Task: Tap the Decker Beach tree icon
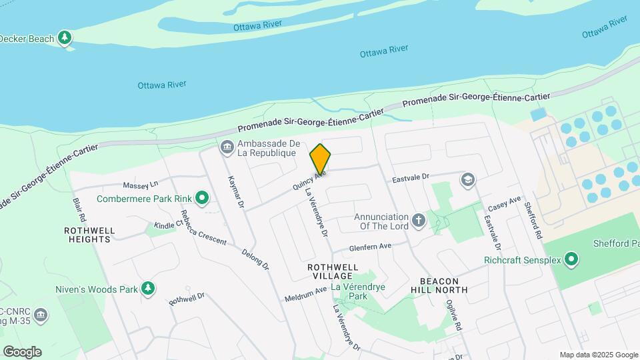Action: click(x=65, y=38)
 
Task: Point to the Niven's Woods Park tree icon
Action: click(x=147, y=289)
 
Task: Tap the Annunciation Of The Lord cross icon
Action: click(x=418, y=221)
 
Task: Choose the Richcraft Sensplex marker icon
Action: click(x=571, y=259)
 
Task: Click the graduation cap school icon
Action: click(x=468, y=179)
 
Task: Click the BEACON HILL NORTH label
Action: click(x=443, y=285)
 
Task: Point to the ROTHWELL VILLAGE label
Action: click(x=329, y=271)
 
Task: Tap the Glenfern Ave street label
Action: click(x=370, y=247)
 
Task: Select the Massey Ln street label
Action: click(x=140, y=184)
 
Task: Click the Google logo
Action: click(x=22, y=351)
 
